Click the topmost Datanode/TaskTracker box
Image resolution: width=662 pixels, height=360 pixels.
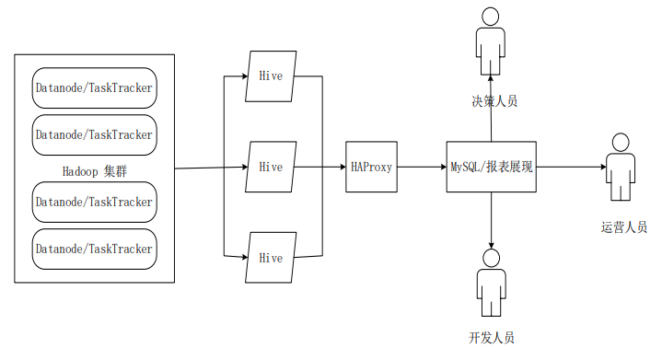click(94, 88)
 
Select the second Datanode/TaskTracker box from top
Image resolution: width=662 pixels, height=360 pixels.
click(94, 134)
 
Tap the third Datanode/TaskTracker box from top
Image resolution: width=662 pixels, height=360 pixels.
click(94, 202)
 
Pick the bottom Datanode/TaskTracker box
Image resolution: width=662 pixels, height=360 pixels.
click(94, 248)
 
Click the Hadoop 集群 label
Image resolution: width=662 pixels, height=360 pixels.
click(94, 170)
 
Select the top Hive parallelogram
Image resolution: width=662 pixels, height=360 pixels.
click(271, 75)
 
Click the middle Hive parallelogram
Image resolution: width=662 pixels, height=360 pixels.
click(271, 167)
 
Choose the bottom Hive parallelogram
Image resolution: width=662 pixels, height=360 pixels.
click(271, 257)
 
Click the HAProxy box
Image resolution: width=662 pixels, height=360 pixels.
click(372, 167)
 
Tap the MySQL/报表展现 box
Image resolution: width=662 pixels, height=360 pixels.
click(491, 167)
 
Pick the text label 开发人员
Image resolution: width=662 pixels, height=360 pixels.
click(491, 338)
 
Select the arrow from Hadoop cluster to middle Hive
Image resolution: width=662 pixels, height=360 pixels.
click(210, 168)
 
